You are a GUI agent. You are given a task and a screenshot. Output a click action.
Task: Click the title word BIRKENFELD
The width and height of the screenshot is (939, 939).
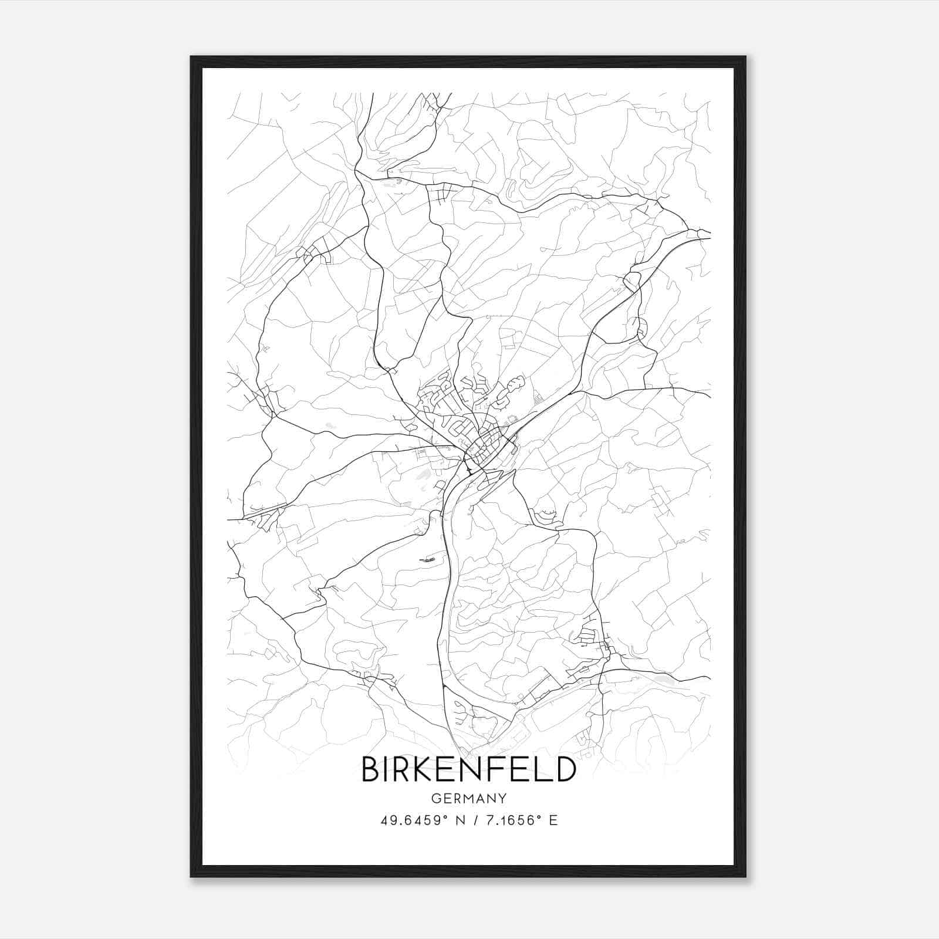pyautogui.click(x=468, y=769)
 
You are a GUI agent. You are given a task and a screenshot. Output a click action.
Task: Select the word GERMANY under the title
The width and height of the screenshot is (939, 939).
pyautogui.click(x=468, y=799)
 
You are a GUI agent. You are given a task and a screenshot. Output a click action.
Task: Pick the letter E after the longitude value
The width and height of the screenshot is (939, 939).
pyautogui.click(x=553, y=820)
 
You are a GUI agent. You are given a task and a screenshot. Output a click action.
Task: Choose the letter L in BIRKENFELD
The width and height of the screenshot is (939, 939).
pyautogui.click(x=544, y=769)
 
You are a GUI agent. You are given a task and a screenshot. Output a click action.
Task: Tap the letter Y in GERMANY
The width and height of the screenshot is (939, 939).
pyautogui.click(x=502, y=799)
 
